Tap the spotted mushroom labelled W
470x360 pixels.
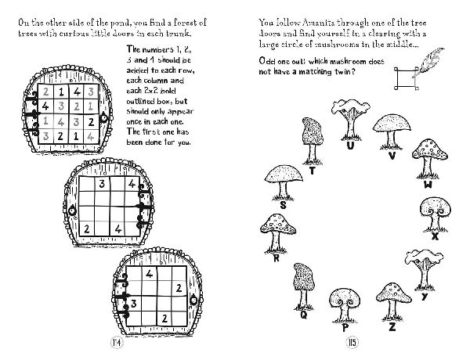429,159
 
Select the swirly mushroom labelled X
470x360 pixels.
436,214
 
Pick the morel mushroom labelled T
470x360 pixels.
313,141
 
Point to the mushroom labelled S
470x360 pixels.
284,182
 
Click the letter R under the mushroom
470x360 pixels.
277,258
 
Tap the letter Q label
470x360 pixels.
304,315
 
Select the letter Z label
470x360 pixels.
392,327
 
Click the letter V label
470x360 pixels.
392,156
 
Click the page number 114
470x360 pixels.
117,342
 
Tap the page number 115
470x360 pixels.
352,342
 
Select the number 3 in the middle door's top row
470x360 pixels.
102,184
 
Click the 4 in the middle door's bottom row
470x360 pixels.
118,229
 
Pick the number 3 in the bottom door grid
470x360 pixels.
134,304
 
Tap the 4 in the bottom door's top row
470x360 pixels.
150,273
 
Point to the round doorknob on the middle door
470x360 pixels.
72,211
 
